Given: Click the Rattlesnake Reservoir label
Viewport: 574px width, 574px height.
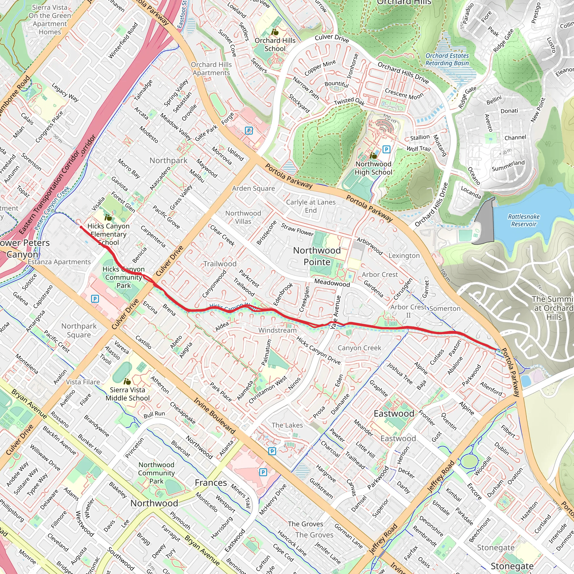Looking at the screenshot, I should click(524, 220).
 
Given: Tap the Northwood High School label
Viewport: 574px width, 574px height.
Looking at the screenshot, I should click(373, 168).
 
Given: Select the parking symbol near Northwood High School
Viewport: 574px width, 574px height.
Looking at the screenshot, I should click(386, 149).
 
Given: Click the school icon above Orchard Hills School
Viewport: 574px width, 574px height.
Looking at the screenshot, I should click(275, 32).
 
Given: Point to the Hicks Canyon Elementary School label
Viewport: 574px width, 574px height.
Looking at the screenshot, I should click(108, 234).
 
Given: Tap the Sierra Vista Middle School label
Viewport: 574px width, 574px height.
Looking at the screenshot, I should click(128, 394).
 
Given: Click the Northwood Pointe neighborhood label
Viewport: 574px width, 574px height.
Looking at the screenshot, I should click(317, 256).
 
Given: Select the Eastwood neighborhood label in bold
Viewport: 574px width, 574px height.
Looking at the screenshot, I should click(394, 414).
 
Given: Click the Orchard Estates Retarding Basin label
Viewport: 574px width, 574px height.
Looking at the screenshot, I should click(447, 59).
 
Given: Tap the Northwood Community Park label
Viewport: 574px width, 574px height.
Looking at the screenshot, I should click(156, 473).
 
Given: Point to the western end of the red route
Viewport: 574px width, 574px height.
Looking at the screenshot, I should click(81, 227).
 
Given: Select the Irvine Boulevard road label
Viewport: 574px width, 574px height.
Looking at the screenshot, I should click(214, 416).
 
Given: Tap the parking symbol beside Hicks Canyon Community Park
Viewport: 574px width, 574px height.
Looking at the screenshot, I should click(95, 298).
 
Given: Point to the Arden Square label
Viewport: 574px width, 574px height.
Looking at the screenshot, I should click(253, 188).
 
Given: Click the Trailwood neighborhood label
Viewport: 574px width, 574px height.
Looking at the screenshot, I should click(220, 264).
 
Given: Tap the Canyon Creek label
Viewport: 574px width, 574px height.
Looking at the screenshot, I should click(359, 348).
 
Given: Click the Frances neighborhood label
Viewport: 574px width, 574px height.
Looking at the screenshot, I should click(211, 483).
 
